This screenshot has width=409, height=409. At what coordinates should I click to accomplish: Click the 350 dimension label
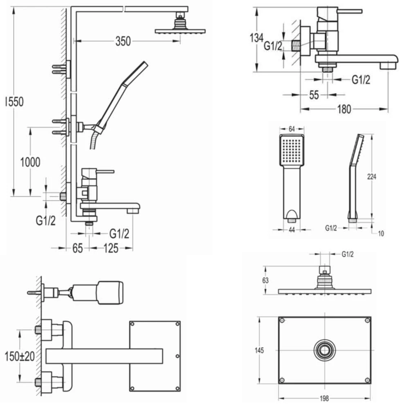point(123,41)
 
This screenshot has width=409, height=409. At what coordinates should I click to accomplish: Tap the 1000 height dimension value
point(31,162)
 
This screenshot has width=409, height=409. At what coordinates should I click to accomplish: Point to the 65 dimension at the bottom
point(78,248)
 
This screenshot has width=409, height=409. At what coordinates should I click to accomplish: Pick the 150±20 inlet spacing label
point(19,356)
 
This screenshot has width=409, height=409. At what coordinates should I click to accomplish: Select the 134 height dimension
point(256,38)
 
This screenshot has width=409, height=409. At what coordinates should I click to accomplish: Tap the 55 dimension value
point(314,95)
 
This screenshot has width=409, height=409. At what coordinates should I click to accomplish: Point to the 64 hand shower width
point(292,129)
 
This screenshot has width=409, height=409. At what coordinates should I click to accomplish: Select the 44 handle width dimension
point(292,230)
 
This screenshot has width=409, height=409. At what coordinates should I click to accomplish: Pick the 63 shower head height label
point(265,280)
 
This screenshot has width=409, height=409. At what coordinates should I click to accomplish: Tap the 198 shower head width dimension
point(325,398)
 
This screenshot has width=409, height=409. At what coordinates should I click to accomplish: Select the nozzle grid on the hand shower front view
point(292,151)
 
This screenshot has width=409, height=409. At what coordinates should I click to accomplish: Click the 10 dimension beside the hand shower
point(381,234)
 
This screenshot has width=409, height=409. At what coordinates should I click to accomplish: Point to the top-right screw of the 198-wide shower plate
point(367,321)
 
